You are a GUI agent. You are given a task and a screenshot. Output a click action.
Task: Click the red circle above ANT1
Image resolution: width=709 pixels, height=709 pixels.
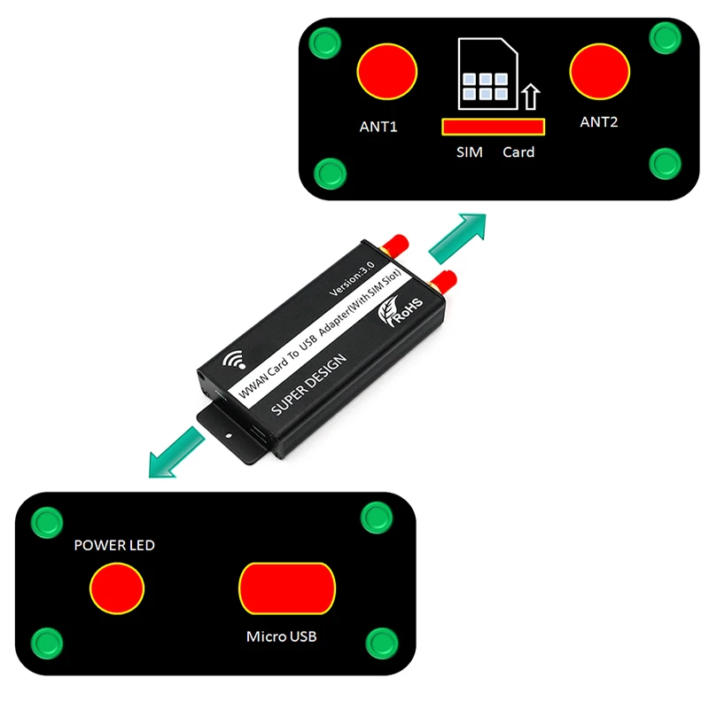[387, 72]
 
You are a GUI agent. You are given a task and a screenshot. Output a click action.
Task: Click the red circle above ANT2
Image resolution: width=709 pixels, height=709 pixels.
[600, 72]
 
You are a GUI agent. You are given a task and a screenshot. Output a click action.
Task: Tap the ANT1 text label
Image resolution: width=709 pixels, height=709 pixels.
[378, 127]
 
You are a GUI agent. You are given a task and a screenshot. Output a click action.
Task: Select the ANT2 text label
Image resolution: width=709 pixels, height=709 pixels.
[599, 122]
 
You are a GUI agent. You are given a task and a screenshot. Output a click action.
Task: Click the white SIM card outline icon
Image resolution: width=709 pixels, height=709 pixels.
[487, 74]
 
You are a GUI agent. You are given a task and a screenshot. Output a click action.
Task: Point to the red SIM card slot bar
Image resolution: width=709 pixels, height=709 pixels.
[494, 127]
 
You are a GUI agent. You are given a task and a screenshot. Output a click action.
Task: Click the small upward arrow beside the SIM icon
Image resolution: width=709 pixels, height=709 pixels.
[531, 97]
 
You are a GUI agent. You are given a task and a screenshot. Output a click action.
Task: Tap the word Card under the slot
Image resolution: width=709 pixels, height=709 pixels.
[518, 152]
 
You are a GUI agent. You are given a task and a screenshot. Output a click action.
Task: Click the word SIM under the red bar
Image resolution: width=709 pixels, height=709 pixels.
[470, 152]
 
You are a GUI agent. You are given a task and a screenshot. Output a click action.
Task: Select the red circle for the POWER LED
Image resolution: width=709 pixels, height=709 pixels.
[117, 588]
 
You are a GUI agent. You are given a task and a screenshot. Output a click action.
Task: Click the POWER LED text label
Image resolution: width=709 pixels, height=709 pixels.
[114, 545]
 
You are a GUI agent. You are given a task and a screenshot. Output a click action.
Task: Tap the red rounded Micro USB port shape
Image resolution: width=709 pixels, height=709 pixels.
[287, 588]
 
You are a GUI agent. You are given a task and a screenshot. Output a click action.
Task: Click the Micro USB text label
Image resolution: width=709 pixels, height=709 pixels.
[281, 636]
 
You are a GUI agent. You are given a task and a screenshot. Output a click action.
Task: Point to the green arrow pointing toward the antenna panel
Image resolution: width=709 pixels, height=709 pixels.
[457, 238]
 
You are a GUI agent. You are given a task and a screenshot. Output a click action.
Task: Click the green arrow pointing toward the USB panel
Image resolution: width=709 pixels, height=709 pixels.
[177, 452]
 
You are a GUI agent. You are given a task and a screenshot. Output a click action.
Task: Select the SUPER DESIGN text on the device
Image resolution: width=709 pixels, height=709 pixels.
[309, 385]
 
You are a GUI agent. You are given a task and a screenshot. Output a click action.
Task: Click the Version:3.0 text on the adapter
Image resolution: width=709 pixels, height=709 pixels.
[352, 278]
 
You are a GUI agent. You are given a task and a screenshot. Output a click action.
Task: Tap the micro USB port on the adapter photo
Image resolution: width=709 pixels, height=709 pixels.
[259, 433]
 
